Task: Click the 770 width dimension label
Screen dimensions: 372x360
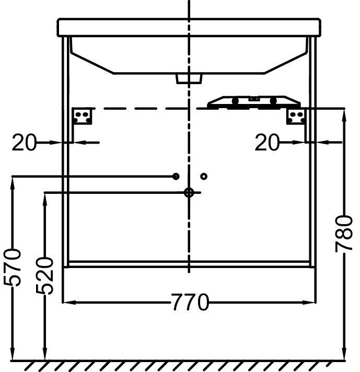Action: click(x=189, y=302)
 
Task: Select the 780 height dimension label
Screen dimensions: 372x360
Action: click(x=344, y=234)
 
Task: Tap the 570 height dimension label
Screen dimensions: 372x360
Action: click(x=13, y=267)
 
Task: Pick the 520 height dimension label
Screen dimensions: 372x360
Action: click(x=45, y=275)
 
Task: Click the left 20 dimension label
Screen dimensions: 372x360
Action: click(x=24, y=142)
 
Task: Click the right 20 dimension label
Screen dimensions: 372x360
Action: click(x=268, y=142)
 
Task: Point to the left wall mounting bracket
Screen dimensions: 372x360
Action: click(x=82, y=115)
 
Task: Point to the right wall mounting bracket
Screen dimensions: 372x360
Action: click(x=296, y=116)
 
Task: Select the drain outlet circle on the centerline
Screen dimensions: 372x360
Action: click(x=189, y=193)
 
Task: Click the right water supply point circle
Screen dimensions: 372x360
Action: click(x=204, y=177)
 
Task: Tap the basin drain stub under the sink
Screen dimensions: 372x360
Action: click(x=189, y=78)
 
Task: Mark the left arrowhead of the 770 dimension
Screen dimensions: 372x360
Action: click(x=67, y=302)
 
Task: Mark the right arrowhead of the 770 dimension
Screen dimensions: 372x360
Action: click(x=312, y=302)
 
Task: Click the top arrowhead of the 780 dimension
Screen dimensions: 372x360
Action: click(x=344, y=112)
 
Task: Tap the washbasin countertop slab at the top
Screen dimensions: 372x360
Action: click(x=189, y=28)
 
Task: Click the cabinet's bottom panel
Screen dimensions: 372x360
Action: click(x=189, y=264)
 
